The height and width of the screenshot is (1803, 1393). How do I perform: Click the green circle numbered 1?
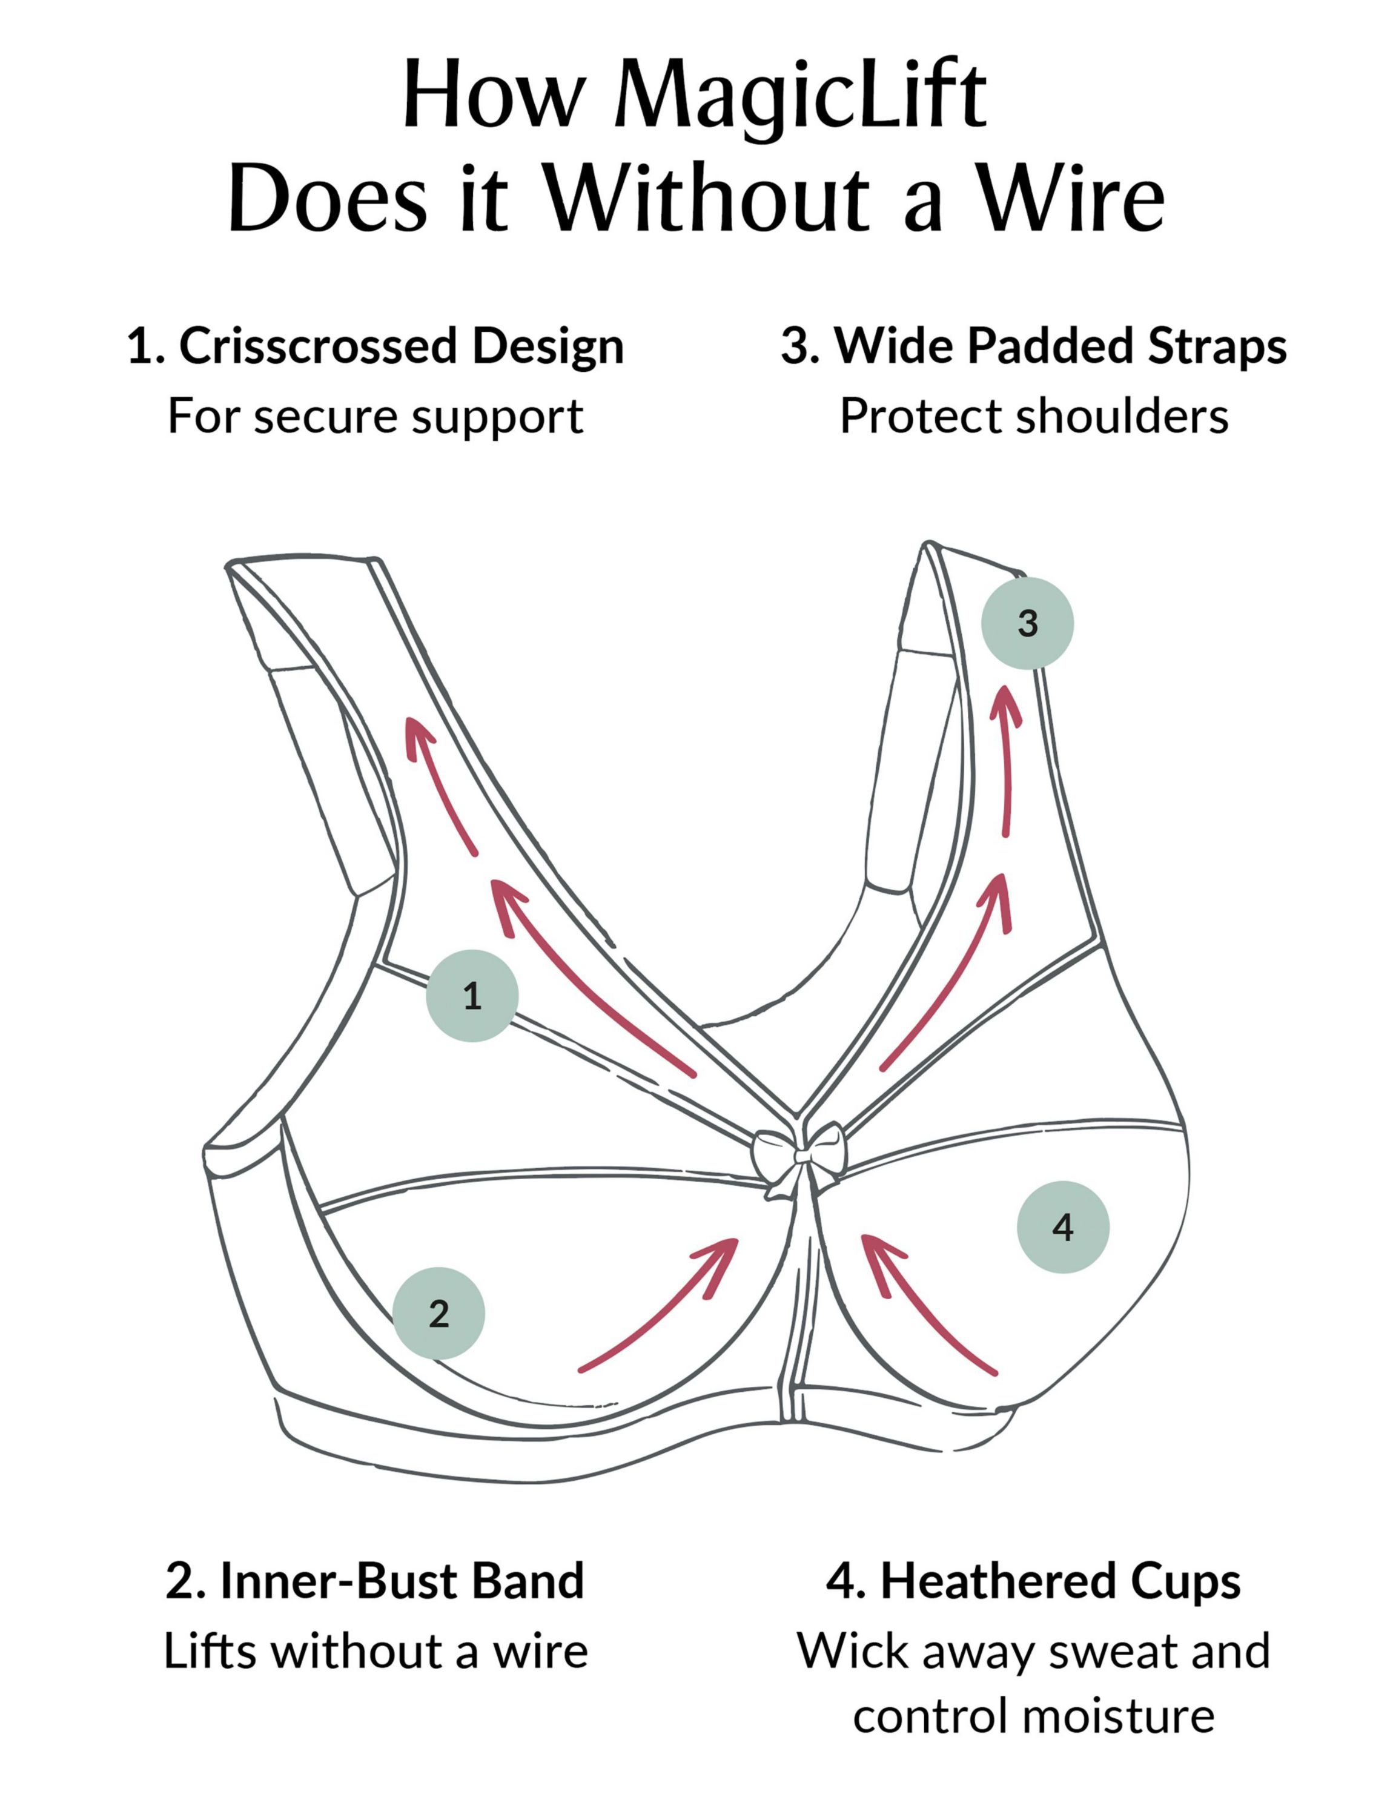(x=471, y=996)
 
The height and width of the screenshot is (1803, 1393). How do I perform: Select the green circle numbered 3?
(x=1027, y=623)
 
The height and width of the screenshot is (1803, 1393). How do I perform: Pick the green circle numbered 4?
(x=1063, y=1227)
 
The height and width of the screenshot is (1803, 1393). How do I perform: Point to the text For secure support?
(x=376, y=415)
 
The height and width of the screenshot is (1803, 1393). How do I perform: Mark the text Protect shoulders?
(x=1033, y=415)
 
